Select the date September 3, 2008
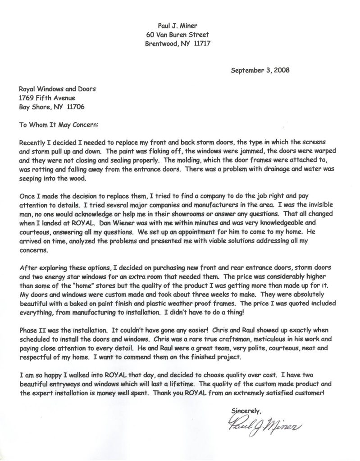[260, 70]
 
